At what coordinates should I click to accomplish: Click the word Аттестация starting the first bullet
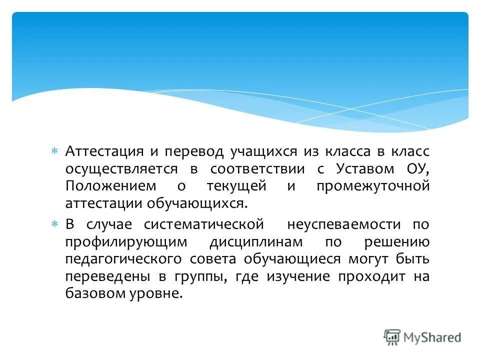[x=103, y=151]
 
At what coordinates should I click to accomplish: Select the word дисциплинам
[x=256, y=242]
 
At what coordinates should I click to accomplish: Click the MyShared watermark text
[x=432, y=337]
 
